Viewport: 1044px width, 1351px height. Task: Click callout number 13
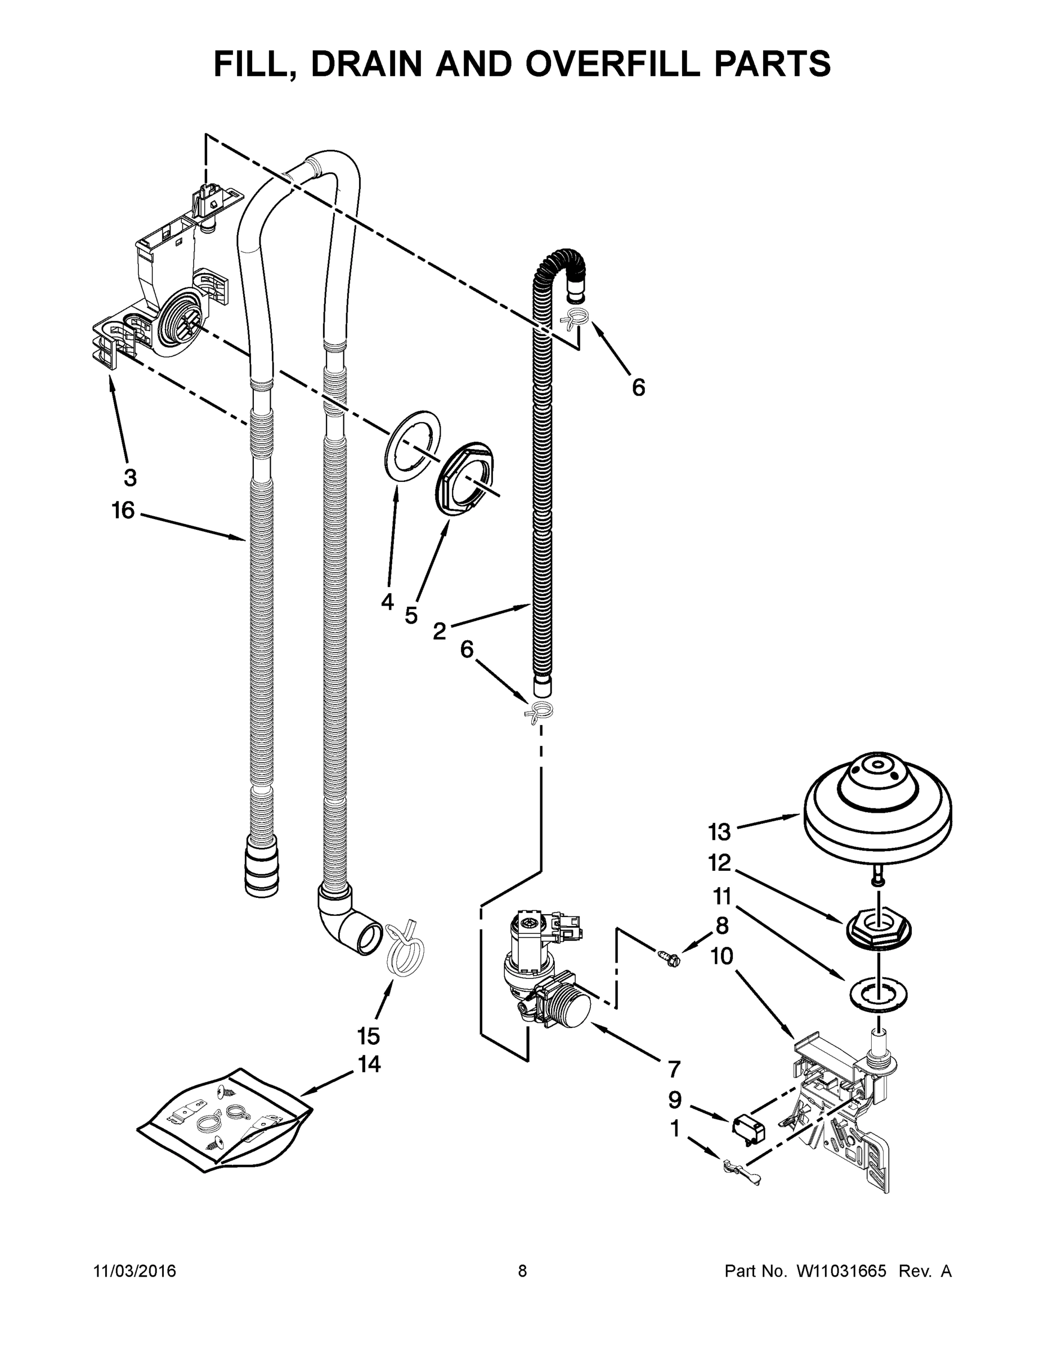click(719, 832)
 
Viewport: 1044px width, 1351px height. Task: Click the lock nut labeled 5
click(468, 478)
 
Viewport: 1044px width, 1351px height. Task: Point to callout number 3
click(130, 477)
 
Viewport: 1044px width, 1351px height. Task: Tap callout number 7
click(674, 1068)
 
